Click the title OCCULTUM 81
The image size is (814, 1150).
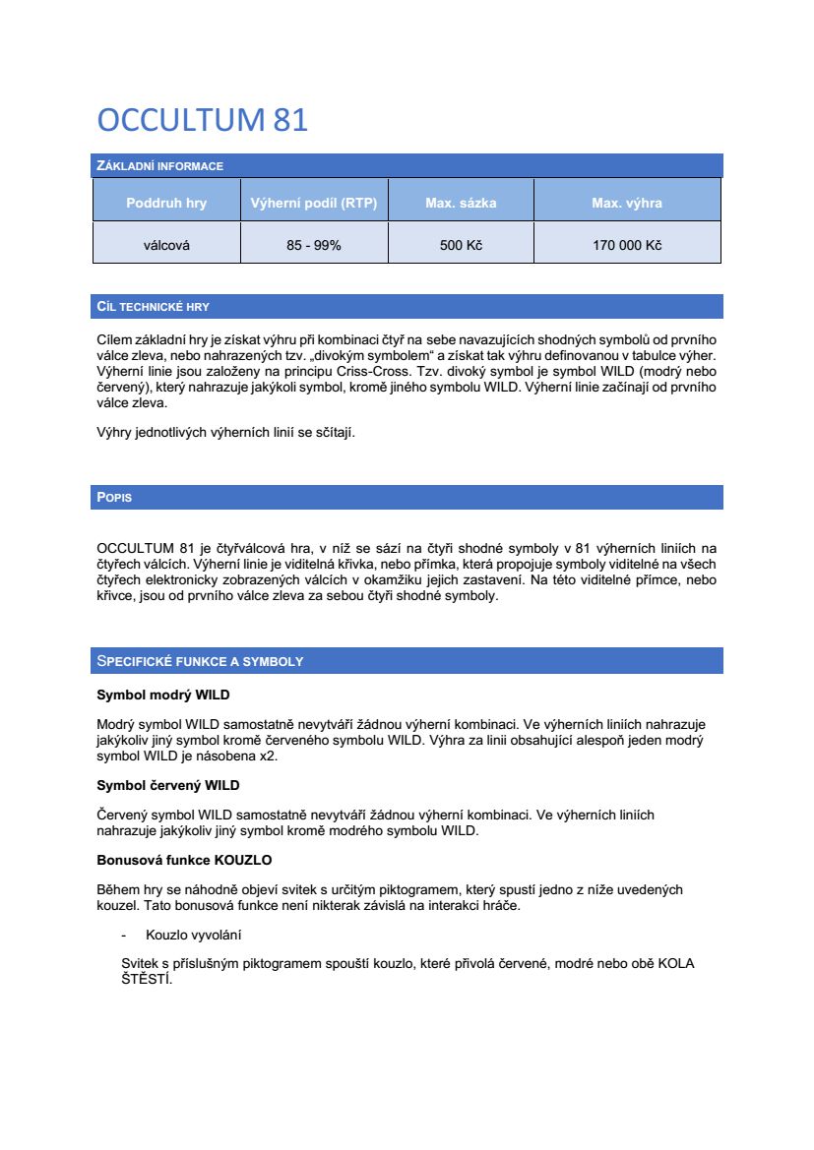[203, 120]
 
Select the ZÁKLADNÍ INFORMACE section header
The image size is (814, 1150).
[160, 166]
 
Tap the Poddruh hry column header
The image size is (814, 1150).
[166, 204]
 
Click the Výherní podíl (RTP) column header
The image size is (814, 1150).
[314, 204]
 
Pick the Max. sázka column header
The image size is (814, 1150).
[461, 204]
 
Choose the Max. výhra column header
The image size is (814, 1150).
[627, 204]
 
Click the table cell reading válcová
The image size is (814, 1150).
[166, 245]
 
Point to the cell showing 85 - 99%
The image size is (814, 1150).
[314, 245]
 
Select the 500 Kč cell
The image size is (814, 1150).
[461, 245]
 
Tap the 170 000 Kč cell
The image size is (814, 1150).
[627, 245]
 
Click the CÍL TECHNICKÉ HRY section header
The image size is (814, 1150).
[154, 307]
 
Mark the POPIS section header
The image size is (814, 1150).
[114, 498]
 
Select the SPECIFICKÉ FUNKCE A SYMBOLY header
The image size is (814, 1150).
[200, 661]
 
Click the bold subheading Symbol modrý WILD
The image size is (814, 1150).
[162, 696]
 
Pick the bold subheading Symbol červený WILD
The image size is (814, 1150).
[167, 785]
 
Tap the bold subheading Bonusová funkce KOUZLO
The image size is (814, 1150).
[184, 860]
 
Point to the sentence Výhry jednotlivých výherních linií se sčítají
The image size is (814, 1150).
[225, 432]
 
